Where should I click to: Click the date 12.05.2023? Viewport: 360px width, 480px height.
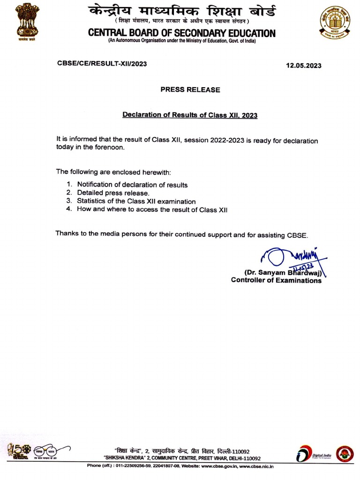click(304, 66)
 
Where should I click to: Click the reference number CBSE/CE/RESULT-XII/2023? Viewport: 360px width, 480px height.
click(102, 64)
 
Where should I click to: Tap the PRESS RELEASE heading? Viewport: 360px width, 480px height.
click(190, 90)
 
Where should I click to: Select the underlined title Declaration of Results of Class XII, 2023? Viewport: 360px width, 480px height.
click(190, 114)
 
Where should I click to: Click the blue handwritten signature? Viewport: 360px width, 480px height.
click(291, 258)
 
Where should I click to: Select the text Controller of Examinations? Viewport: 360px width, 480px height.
click(276, 280)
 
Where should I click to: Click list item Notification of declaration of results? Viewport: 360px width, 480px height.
click(132, 185)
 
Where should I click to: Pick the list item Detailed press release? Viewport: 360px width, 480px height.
click(113, 193)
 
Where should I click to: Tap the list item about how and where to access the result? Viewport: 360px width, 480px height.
click(152, 210)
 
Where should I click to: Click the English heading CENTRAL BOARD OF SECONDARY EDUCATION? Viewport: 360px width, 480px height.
click(182, 33)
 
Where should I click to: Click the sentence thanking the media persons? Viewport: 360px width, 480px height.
click(182, 233)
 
